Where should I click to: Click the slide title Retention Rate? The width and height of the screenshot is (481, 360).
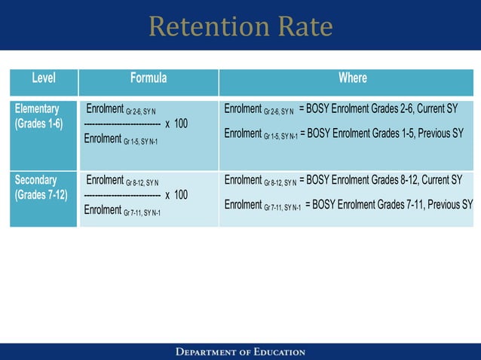click(240, 26)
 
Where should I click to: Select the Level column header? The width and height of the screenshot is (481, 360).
click(43, 78)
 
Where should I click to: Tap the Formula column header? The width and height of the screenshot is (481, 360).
click(149, 78)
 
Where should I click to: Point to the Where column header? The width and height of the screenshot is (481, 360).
click(352, 78)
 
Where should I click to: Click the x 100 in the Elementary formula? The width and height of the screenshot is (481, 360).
click(176, 124)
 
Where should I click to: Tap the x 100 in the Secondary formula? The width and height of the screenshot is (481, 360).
click(176, 195)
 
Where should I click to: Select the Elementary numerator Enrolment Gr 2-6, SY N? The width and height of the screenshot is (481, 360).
click(121, 109)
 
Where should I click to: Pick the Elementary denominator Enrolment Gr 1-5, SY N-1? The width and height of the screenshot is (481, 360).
click(121, 139)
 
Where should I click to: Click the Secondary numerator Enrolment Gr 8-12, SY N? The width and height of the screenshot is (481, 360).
click(123, 181)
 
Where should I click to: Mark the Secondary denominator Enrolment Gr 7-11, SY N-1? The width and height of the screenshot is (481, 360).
click(122, 211)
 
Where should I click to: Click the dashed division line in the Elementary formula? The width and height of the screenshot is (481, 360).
click(121, 124)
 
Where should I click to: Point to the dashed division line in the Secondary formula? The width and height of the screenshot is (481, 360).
click(121, 196)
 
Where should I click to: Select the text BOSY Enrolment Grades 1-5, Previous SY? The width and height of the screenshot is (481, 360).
click(384, 133)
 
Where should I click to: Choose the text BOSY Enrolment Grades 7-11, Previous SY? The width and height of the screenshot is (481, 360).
click(392, 204)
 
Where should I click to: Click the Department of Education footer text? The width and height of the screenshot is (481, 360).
click(240, 352)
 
